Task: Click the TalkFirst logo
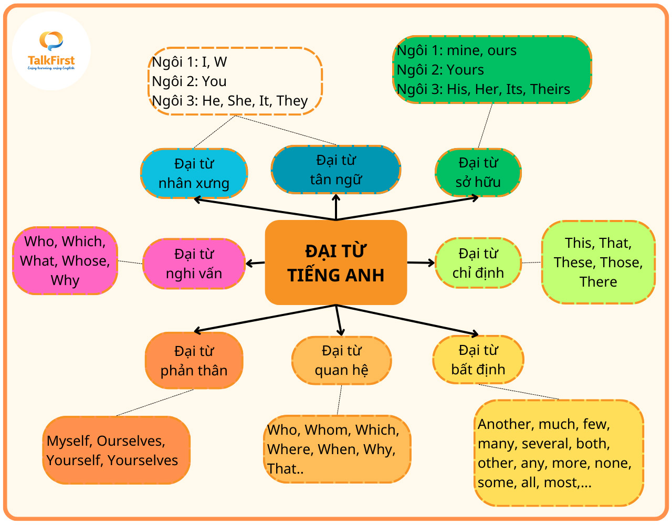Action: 51,51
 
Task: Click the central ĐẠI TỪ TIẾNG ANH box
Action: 336,262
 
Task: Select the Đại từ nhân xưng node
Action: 194,173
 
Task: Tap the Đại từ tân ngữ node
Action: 336,170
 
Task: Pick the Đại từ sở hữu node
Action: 478,172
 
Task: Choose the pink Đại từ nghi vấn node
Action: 194,264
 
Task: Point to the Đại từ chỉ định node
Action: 478,263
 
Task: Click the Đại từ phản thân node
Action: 194,361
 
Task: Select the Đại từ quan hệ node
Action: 341,360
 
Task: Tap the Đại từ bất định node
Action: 478,360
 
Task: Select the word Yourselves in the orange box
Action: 143,460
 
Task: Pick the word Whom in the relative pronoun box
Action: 326,430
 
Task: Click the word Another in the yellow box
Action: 504,424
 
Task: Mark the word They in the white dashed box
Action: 292,101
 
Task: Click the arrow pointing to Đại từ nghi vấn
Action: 255,263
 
